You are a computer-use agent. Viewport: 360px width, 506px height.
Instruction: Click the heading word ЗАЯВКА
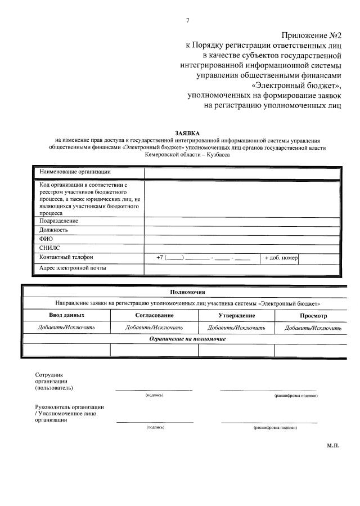(187, 132)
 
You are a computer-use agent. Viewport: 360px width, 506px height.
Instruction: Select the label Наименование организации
(75, 172)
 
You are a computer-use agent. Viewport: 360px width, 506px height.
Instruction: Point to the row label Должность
(54, 230)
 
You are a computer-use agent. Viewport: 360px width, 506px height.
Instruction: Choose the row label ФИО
(47, 239)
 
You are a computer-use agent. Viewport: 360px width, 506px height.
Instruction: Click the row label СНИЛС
(49, 248)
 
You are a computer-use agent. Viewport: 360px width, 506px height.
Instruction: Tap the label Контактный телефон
(66, 257)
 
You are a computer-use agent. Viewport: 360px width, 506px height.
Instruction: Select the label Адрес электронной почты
(73, 267)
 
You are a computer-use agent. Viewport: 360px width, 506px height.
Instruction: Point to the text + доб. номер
(281, 258)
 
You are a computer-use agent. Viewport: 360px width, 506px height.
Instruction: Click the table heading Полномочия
(187, 292)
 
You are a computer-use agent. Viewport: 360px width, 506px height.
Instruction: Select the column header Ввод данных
(67, 315)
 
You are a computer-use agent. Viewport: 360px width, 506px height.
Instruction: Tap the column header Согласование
(154, 315)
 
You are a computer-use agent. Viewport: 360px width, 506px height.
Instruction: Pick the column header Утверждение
(236, 315)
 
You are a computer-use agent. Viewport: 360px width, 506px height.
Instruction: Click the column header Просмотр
(313, 316)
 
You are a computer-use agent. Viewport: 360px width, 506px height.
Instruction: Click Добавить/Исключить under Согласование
(154, 327)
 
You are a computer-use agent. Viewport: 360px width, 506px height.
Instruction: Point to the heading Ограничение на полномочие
(187, 339)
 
